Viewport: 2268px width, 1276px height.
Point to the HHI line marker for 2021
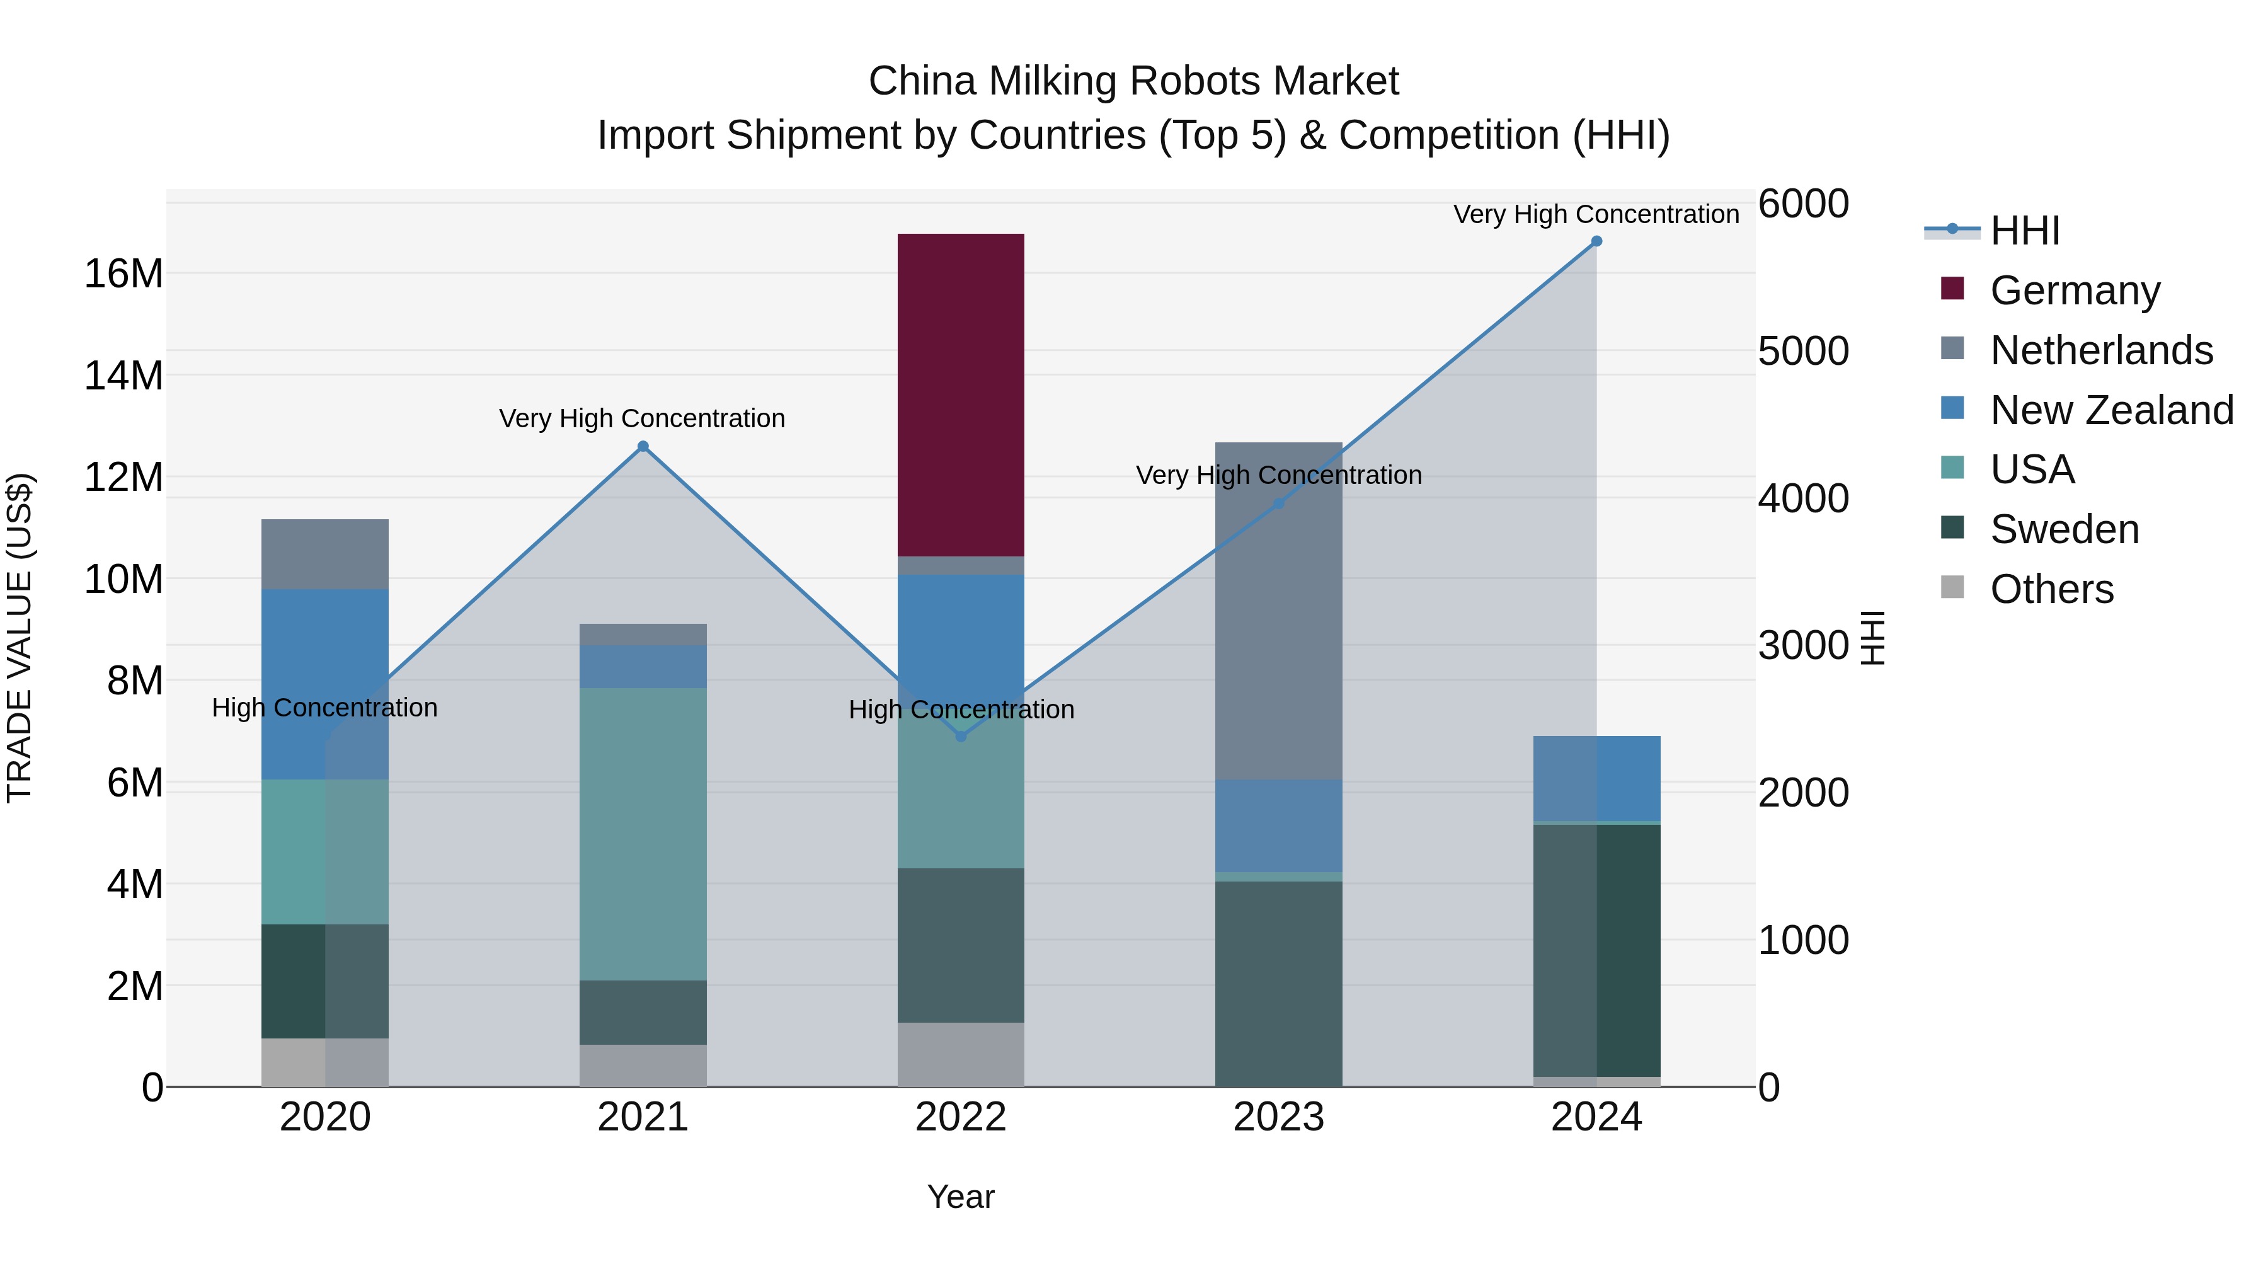click(643, 447)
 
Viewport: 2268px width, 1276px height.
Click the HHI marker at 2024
click(1596, 241)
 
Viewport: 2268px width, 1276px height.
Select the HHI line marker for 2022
click(961, 736)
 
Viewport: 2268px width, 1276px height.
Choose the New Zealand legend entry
click(2111, 410)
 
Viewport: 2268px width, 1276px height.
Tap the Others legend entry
click(2051, 589)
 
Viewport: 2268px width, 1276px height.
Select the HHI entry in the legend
click(2024, 231)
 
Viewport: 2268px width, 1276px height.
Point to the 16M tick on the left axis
click(123, 274)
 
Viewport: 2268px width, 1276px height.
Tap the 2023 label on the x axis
click(1278, 1117)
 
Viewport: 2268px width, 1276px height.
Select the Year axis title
click(961, 1197)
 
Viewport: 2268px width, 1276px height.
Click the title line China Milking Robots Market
click(1133, 81)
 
